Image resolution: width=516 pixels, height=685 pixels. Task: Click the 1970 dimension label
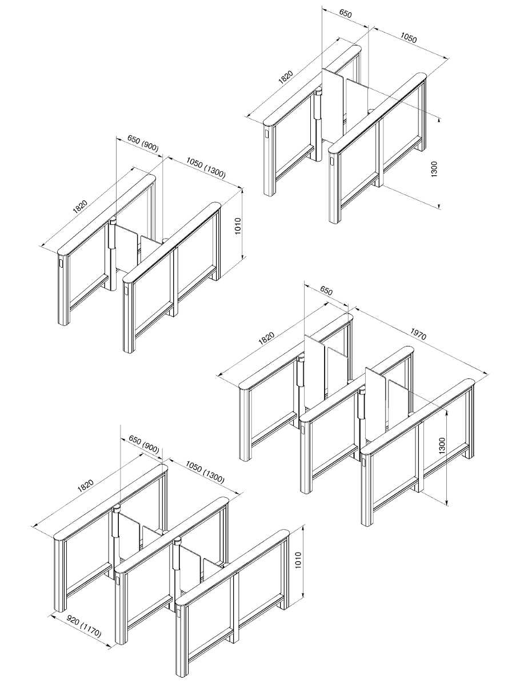coord(418,335)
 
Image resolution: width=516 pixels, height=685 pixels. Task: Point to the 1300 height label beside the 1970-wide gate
coord(441,446)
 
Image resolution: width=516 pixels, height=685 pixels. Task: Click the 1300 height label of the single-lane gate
coord(434,169)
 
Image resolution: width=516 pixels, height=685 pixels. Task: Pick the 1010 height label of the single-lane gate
coord(238,227)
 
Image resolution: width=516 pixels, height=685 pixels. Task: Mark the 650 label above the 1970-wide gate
coord(326,291)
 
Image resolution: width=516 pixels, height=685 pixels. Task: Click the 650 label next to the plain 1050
coord(345,14)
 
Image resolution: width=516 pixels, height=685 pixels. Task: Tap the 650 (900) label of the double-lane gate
coord(143,445)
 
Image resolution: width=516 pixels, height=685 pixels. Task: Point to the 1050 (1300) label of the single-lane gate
coord(206,168)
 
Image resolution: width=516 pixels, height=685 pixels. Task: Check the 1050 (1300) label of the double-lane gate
coord(205,472)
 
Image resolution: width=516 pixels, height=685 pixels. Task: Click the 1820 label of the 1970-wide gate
coord(266,339)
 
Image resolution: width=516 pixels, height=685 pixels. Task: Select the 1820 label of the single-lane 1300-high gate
coord(286,78)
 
